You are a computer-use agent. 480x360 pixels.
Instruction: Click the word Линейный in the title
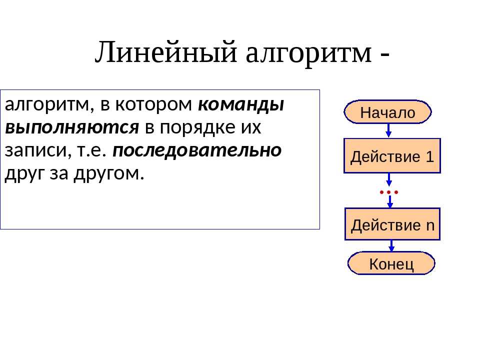coord(166,52)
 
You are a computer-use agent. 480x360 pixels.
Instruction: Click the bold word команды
coord(241,104)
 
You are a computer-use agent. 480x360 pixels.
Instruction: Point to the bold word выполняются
coord(72,127)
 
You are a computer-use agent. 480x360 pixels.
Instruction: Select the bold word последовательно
coord(197,150)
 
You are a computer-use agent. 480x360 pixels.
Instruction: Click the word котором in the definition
coord(153,104)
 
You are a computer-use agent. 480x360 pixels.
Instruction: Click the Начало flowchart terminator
coord(387,111)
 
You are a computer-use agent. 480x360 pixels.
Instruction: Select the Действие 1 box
coord(392,156)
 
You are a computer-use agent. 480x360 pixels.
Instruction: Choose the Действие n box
coord(392,224)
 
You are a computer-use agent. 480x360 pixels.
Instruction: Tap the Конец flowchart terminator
coord(391,263)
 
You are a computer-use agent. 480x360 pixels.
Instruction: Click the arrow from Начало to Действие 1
coord(388,130)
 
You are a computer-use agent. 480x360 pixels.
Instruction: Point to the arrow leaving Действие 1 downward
coord(389,179)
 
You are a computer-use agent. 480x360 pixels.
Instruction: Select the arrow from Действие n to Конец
coord(391,246)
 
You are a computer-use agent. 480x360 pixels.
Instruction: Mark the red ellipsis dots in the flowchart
coord(389,192)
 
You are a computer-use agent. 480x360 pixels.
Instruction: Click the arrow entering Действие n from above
coord(390,201)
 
